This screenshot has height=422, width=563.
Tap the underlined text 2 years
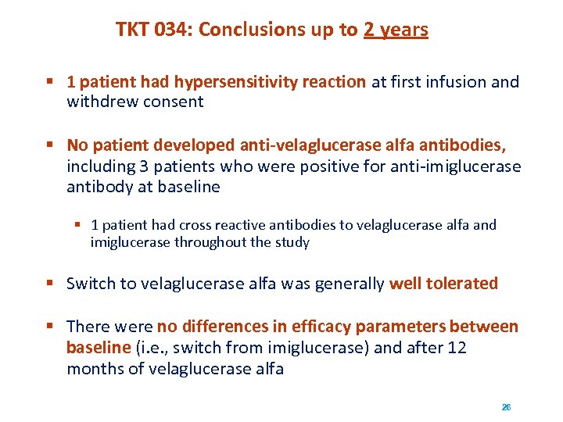396,30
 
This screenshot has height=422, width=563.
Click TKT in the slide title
134,30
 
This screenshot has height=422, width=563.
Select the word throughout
206,242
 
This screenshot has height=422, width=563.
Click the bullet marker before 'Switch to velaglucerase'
49,283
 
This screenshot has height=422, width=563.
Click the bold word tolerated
462,283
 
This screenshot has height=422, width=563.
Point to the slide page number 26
506,407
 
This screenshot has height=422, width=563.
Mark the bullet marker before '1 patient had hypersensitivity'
49,82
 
